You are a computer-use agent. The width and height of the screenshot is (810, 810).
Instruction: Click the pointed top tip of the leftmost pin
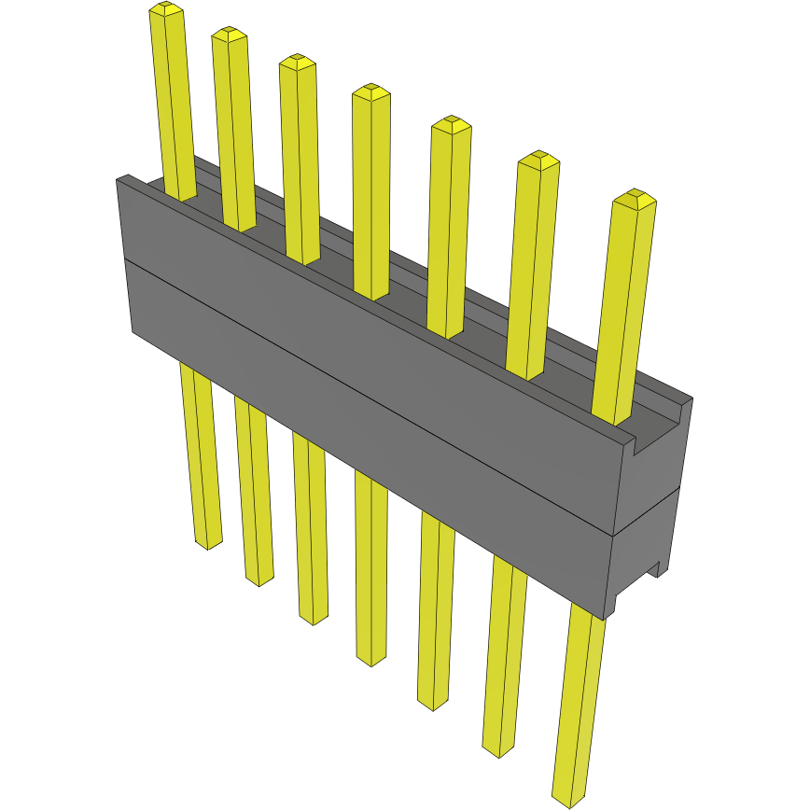[x=166, y=8]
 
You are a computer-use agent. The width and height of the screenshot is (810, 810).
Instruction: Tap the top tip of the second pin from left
[x=230, y=33]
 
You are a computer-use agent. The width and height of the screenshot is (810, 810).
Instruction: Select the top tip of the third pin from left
[x=298, y=60]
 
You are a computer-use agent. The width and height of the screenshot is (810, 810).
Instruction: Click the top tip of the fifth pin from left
[x=451, y=123]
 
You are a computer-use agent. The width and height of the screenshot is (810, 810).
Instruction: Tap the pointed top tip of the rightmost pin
[x=635, y=196]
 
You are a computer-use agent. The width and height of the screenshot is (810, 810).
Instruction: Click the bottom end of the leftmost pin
[x=208, y=543]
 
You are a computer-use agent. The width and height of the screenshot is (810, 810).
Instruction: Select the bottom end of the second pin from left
[x=259, y=580]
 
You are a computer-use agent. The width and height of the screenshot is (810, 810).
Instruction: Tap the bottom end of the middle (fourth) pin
[x=371, y=660]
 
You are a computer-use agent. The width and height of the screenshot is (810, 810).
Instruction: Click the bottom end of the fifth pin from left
[x=432, y=704]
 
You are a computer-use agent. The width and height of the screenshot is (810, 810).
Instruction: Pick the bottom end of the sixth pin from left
[x=498, y=750]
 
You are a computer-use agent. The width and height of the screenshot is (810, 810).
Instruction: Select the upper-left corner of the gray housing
[x=118, y=179]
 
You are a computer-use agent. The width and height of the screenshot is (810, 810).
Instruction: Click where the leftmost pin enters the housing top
[x=181, y=197]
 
